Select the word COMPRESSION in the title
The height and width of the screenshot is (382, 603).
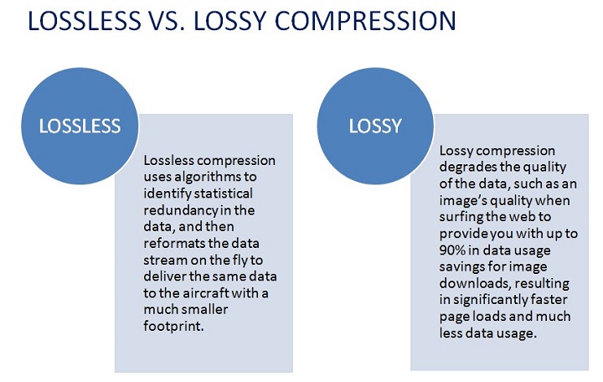click(x=365, y=20)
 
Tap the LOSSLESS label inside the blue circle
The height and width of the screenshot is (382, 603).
click(x=80, y=126)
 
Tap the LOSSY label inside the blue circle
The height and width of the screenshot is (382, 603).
click(x=375, y=126)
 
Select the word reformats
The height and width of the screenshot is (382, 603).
click(x=175, y=244)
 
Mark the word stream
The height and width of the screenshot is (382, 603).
click(x=165, y=260)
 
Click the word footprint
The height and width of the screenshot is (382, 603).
click(x=173, y=326)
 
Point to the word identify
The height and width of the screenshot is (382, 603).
click(x=167, y=194)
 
